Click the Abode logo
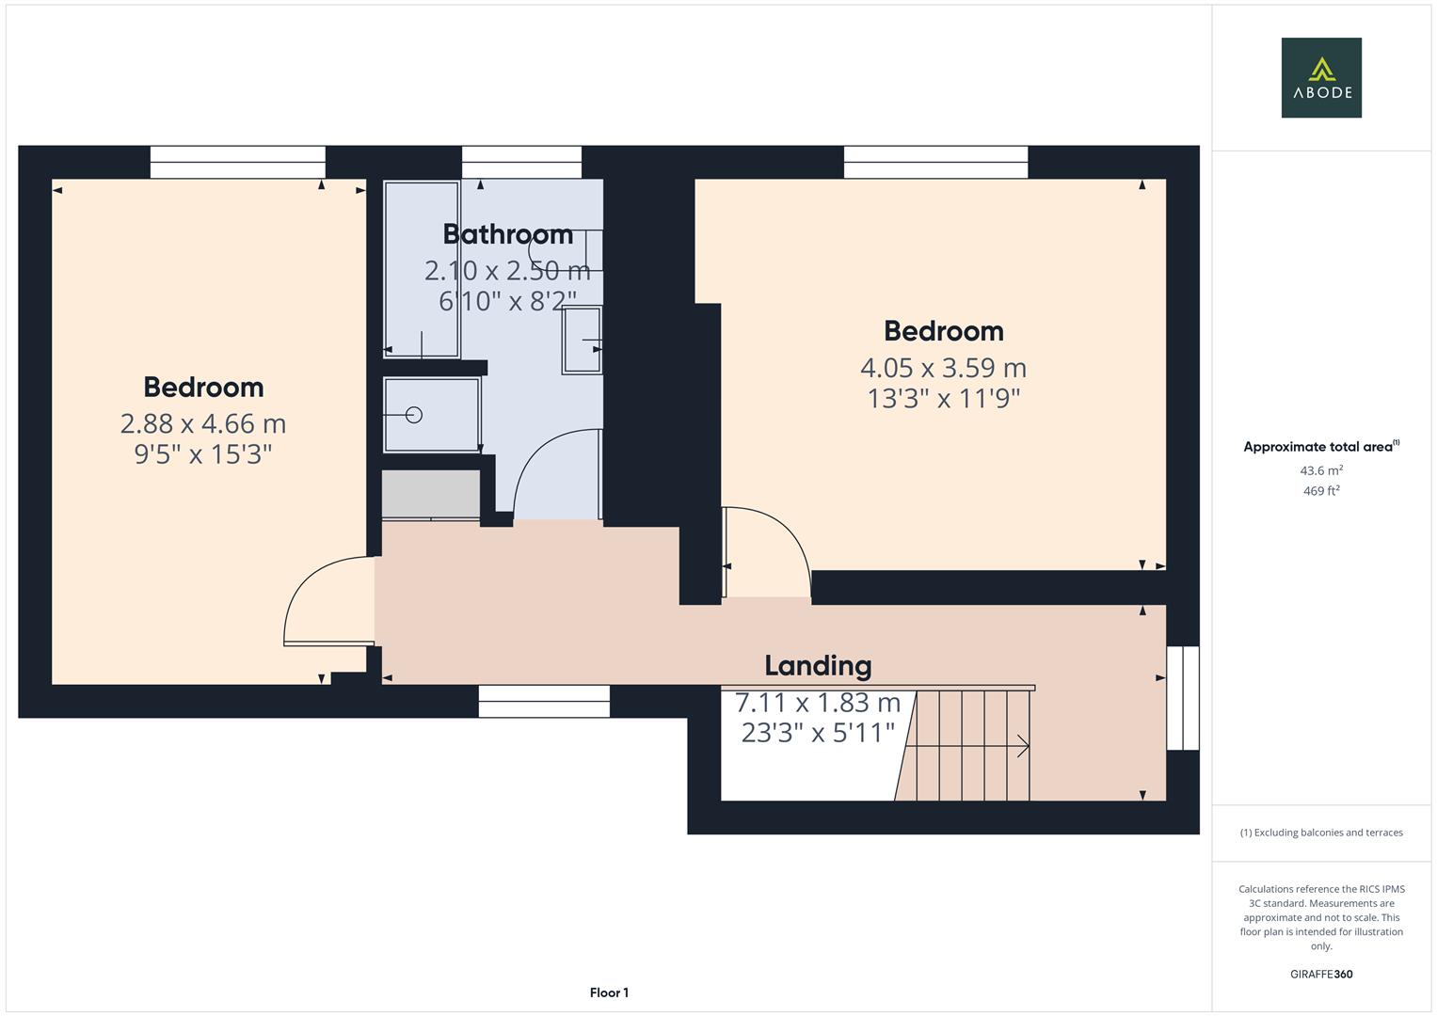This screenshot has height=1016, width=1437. (x=1320, y=77)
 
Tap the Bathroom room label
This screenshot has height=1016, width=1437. (x=507, y=234)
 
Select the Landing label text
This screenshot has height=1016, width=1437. (x=817, y=666)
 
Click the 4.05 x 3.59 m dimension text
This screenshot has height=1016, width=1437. (x=943, y=368)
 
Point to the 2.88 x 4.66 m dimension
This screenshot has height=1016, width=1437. (x=202, y=424)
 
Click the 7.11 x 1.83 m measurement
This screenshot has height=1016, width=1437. (x=817, y=703)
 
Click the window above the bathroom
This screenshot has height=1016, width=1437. (x=521, y=163)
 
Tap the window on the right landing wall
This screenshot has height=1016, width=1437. (x=1182, y=697)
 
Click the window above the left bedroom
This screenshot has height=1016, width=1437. (x=237, y=163)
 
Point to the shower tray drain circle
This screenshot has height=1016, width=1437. (x=413, y=415)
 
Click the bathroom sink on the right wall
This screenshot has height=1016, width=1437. (x=582, y=341)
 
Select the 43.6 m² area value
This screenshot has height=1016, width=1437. (x=1320, y=470)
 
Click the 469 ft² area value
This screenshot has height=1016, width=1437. (x=1320, y=491)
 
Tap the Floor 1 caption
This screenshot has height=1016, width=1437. (x=609, y=992)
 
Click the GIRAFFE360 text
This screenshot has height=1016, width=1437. (x=1320, y=974)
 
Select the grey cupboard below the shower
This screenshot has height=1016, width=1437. (x=430, y=494)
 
